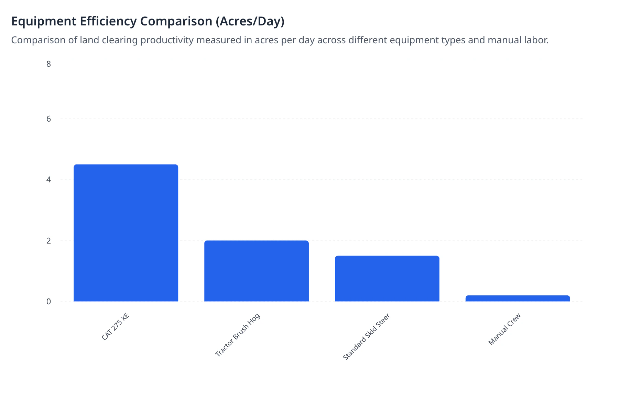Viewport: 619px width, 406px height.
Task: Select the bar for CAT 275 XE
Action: coord(126,233)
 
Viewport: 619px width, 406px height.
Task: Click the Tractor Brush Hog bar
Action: coord(257,271)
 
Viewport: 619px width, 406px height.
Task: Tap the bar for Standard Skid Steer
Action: coord(387,279)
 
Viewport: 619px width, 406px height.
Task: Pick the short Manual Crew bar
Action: coord(518,298)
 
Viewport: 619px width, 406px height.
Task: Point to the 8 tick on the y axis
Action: coord(48,64)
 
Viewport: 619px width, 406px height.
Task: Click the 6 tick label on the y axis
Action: coord(48,119)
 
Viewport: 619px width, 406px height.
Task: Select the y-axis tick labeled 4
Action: coord(48,180)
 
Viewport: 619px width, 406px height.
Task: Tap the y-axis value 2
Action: coord(48,240)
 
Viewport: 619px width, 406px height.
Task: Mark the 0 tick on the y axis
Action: coord(48,302)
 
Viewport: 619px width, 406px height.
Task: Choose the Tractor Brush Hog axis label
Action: coord(238,335)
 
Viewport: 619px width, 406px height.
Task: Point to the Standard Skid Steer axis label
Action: coord(366,337)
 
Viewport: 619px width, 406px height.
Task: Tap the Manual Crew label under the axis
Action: coord(504,329)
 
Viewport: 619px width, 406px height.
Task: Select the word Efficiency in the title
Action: coord(108,21)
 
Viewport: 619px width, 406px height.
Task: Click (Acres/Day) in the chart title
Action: coord(250,21)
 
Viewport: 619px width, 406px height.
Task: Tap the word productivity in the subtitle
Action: coord(167,40)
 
